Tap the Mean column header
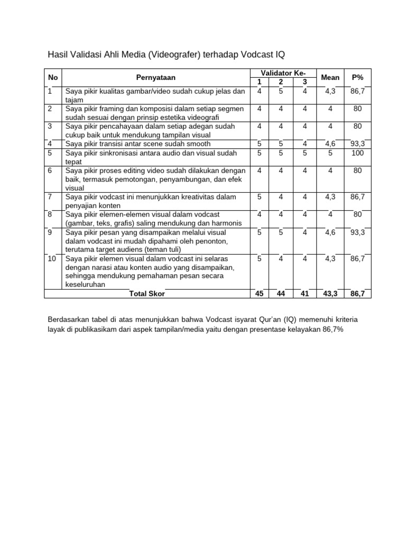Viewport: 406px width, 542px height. point(330,77)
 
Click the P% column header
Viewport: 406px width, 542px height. point(357,77)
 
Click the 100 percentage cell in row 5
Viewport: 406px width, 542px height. point(357,153)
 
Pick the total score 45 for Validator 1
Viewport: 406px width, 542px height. point(259,294)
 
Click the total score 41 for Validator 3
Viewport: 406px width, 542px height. point(304,294)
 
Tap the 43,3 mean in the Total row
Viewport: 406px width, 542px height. point(330,294)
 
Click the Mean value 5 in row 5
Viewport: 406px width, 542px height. point(330,153)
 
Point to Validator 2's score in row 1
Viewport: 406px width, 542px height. point(281,91)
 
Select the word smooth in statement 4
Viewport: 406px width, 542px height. point(198,143)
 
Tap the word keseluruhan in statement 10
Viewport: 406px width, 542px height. point(86,284)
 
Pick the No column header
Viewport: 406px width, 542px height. point(53,77)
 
